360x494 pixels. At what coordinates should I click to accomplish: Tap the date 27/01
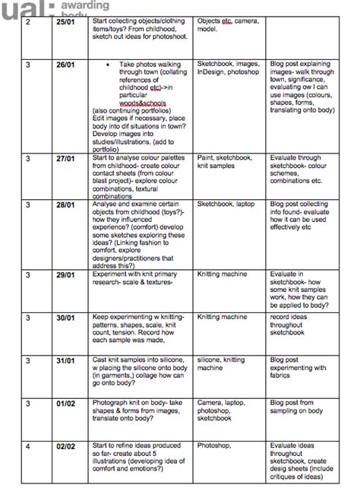coord(65,159)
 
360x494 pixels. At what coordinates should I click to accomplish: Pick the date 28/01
coord(65,204)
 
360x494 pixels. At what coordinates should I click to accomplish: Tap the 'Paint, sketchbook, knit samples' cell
coord(226,164)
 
